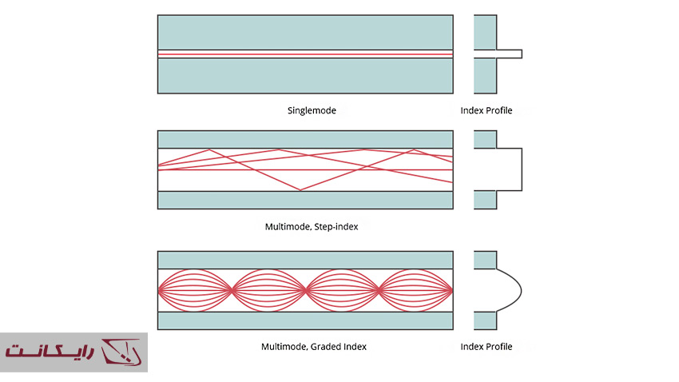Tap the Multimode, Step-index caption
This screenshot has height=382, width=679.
pyautogui.click(x=311, y=227)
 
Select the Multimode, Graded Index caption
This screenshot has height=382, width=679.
pyautogui.click(x=314, y=347)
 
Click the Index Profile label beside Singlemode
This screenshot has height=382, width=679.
pyautogui.click(x=486, y=110)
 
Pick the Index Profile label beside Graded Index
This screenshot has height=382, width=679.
pyautogui.click(x=486, y=347)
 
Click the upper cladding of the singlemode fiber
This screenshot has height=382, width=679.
pyautogui.click(x=305, y=32)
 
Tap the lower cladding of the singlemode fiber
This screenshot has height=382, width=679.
pyautogui.click(x=305, y=77)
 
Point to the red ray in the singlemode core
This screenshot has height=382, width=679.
pyautogui.click(x=305, y=54)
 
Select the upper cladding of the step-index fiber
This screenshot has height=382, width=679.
pyautogui.click(x=305, y=139)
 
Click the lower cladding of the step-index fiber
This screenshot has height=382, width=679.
pyautogui.click(x=305, y=200)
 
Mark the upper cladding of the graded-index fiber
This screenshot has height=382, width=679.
pyautogui.click(x=305, y=260)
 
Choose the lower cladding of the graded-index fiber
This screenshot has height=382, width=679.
pyautogui.click(x=305, y=320)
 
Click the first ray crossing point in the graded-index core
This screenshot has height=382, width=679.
pyautogui.click(x=232, y=290)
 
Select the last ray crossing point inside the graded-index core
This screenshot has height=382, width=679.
pyautogui.click(x=379, y=290)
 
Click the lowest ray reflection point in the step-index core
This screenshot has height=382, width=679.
pyautogui.click(x=300, y=190)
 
